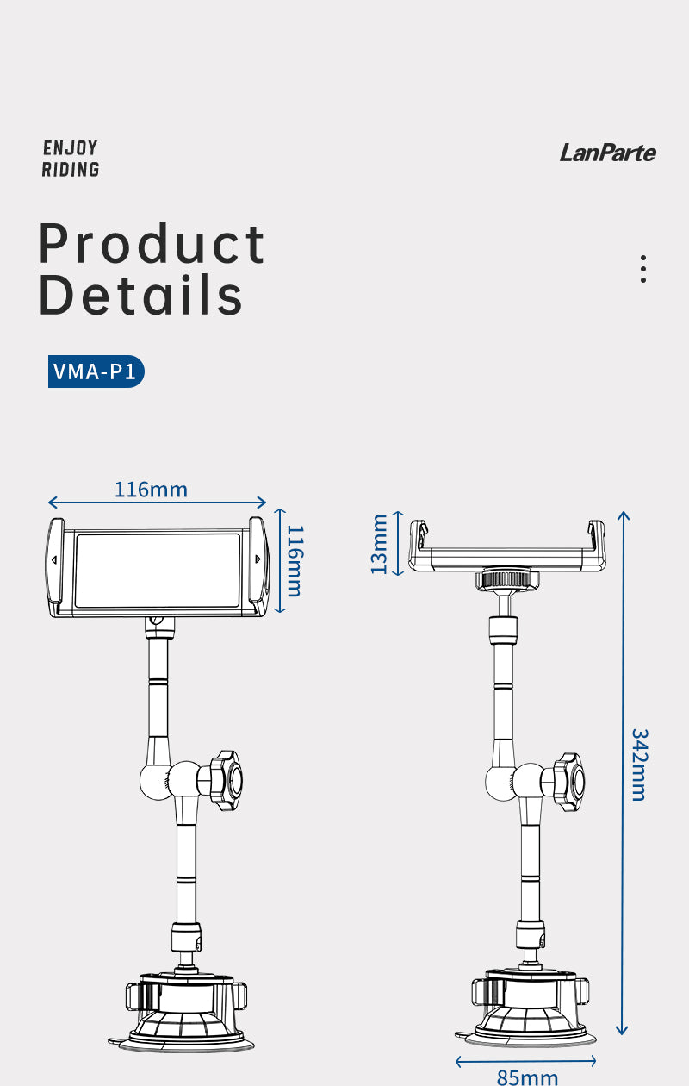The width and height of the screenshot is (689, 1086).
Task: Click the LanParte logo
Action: click(607, 153)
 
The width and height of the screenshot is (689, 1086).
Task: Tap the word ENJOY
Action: click(71, 148)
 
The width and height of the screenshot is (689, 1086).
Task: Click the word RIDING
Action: click(71, 170)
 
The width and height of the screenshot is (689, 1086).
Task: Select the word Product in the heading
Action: click(152, 243)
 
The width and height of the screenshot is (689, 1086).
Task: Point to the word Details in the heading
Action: click(140, 294)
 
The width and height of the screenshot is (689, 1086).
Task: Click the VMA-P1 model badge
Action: click(96, 371)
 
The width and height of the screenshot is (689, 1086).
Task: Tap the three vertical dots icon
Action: click(643, 269)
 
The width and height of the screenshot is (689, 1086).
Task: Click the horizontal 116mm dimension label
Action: click(152, 490)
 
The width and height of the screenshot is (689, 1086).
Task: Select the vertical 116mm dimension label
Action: click(295, 560)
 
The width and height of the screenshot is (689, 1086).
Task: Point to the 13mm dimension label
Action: click(379, 544)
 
